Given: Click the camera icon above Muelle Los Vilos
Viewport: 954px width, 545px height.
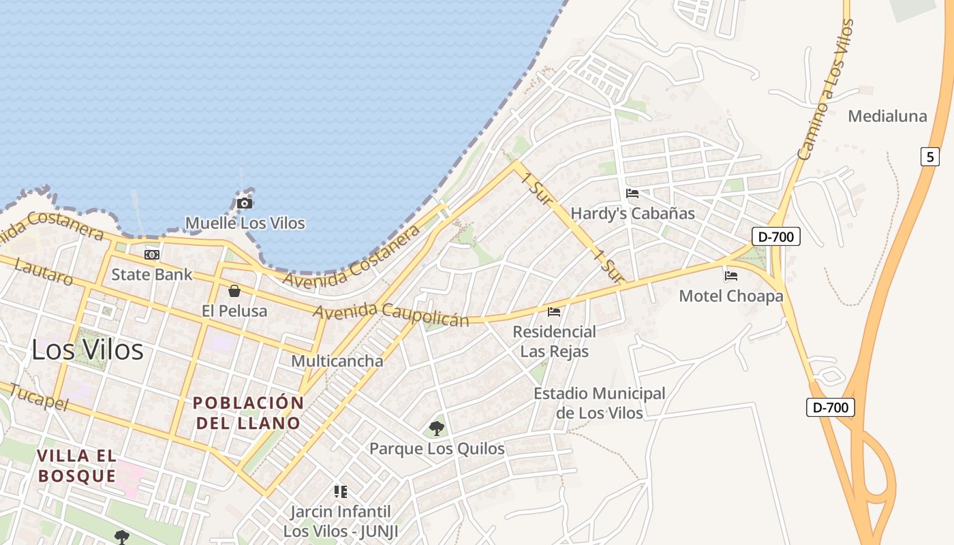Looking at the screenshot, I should tap(245, 203).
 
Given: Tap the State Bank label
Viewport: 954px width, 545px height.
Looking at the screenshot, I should tap(152, 275).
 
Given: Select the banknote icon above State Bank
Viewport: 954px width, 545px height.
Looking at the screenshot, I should tap(152, 255).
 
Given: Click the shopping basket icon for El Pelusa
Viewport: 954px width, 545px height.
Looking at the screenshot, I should tap(234, 291).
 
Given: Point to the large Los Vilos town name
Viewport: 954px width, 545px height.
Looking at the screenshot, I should tap(88, 350).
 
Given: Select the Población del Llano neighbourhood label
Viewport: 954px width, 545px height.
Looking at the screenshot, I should tap(248, 413).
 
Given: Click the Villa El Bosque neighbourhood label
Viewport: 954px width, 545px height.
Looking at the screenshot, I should tap(77, 466).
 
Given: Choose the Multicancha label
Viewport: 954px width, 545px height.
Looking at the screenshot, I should tap(337, 361).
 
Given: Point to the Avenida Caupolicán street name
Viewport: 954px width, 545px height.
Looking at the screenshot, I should tap(391, 314).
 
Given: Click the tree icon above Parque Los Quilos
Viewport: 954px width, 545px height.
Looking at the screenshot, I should tap(437, 429).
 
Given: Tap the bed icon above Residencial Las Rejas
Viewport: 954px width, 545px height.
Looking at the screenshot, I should tap(554, 312).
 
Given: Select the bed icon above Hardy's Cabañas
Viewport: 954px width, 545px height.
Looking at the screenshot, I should tap(632, 193).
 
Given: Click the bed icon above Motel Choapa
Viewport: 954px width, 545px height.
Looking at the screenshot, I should tap(731, 276).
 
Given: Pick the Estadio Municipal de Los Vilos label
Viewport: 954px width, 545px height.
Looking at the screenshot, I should tap(599, 403).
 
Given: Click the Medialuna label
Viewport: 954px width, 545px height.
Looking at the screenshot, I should tap(887, 116).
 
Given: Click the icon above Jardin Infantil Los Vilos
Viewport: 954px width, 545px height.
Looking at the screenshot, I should tap(341, 492).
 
